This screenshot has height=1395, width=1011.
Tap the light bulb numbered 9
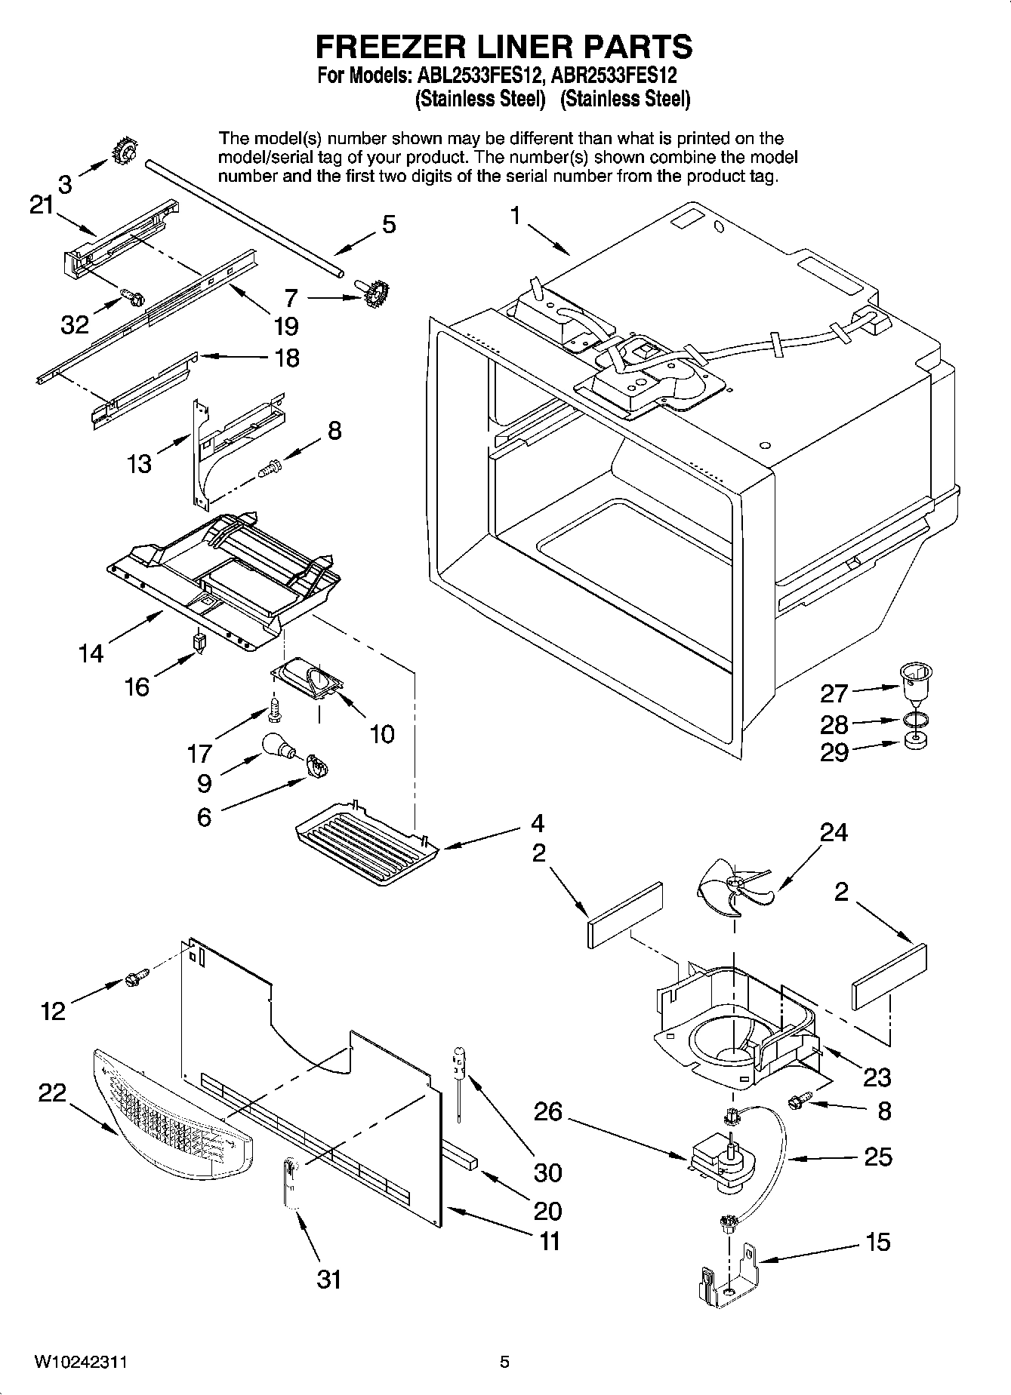pos(277,745)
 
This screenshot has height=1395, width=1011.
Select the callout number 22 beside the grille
pos(53,1092)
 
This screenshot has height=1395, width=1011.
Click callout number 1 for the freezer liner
pos(515,217)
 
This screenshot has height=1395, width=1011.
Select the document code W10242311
pos(81,1362)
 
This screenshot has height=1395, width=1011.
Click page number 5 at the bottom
pos(504,1362)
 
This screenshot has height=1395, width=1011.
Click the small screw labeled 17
pos(274,710)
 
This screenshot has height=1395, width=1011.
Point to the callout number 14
pos(91,653)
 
